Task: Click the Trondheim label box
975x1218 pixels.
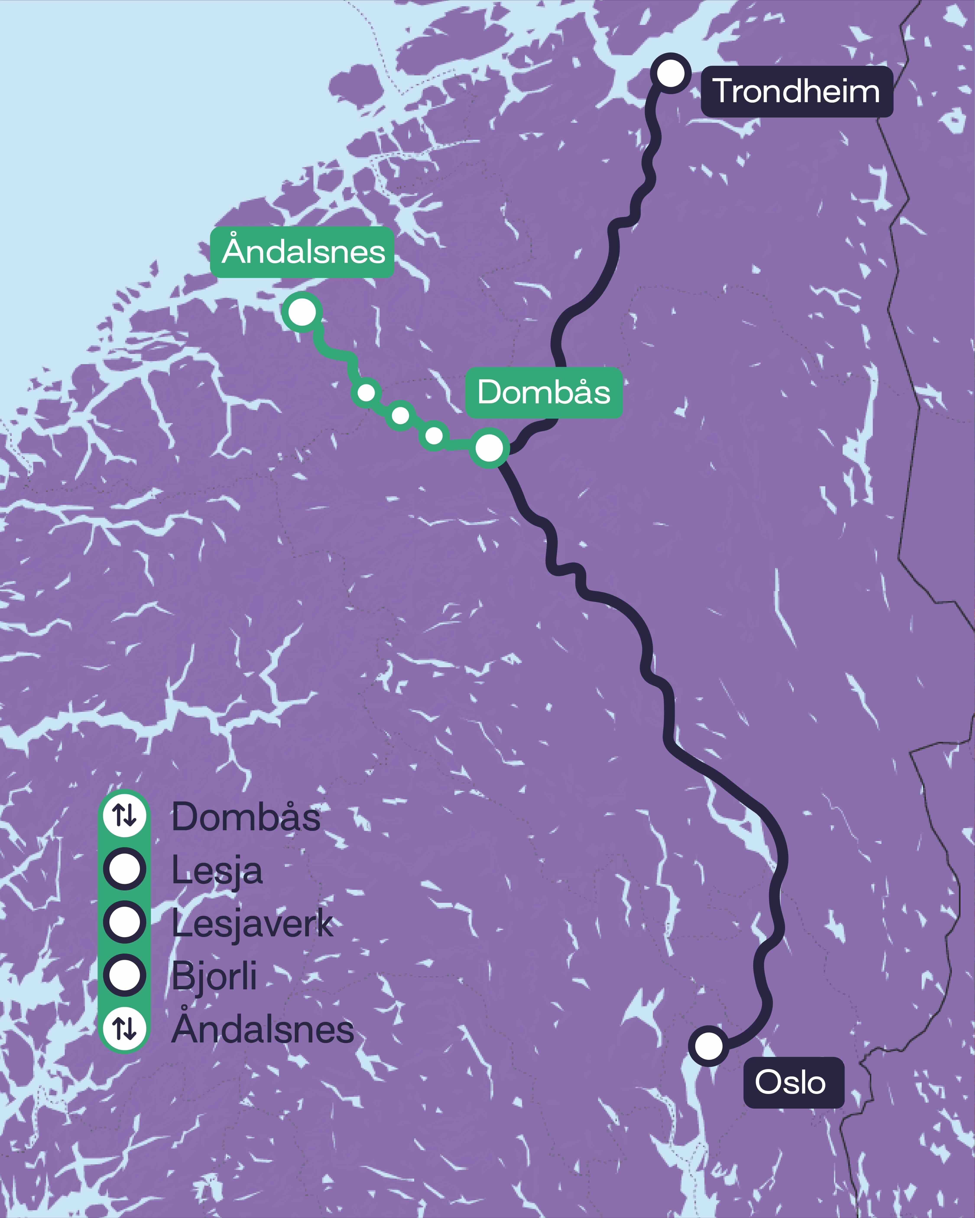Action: click(796, 92)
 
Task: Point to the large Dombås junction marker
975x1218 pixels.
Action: click(489, 448)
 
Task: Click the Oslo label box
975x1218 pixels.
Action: click(793, 1082)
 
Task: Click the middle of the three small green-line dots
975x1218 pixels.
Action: click(400, 415)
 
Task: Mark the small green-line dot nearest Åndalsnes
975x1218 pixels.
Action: click(366, 392)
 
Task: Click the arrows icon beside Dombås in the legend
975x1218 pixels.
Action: click(124, 815)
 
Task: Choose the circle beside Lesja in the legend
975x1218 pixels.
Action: click(124, 869)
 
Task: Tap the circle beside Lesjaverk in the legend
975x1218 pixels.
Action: click(124, 922)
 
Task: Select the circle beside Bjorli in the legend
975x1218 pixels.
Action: click(124, 975)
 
